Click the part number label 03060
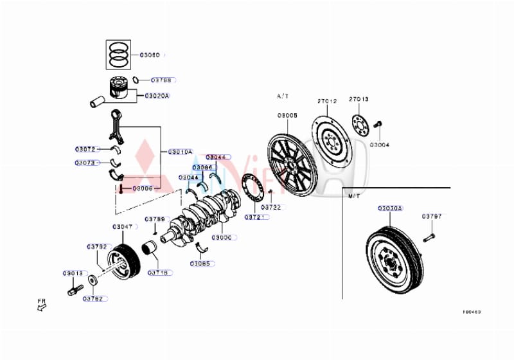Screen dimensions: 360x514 click(x=150, y=55)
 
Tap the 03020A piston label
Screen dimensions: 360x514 click(x=157, y=96)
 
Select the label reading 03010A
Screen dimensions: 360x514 click(x=180, y=152)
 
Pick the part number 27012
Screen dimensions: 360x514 click(x=327, y=101)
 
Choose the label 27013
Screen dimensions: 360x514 click(x=359, y=99)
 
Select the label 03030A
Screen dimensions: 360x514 click(x=390, y=208)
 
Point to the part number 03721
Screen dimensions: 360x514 click(x=253, y=218)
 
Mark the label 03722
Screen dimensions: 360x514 click(x=271, y=208)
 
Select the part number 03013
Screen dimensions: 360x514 click(x=73, y=273)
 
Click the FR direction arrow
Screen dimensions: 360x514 click(x=42, y=308)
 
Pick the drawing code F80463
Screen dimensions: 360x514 click(x=472, y=312)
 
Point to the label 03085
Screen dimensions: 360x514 click(x=200, y=263)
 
